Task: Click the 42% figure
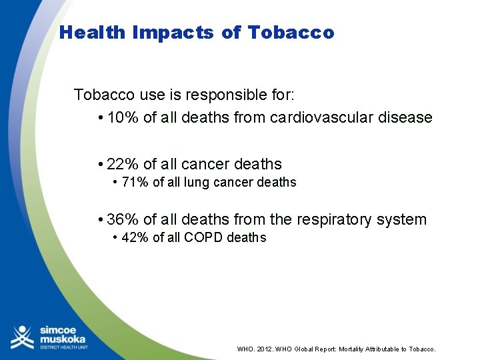pyautogui.click(x=135, y=238)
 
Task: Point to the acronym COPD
pyautogui.click(x=200, y=238)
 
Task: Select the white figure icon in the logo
pyautogui.click(x=23, y=337)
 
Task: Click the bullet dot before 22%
pyautogui.click(x=99, y=165)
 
